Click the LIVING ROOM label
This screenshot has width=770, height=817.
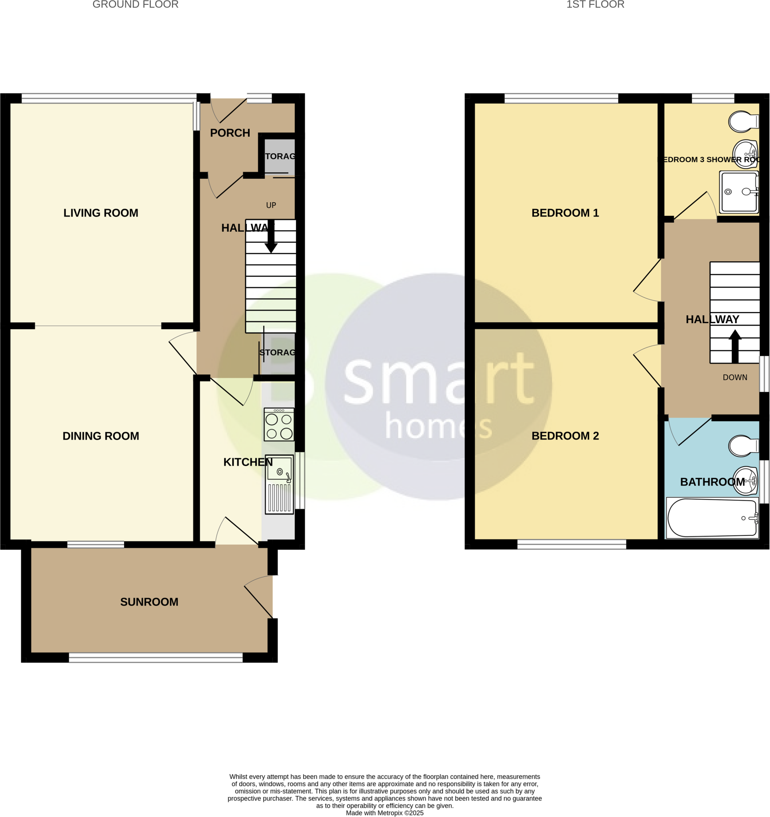[x=100, y=213]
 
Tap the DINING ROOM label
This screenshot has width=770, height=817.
[x=100, y=436]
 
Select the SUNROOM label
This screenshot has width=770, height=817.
[x=149, y=602]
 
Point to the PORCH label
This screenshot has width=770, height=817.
[x=230, y=133]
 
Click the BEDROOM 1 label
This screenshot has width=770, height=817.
[x=565, y=213]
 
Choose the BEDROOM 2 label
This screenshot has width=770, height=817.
[x=565, y=436]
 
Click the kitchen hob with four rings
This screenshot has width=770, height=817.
[x=279, y=424]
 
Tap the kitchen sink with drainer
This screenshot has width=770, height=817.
[x=280, y=484]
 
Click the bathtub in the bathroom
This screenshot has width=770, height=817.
[x=713, y=518]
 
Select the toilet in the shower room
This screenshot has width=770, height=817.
[x=742, y=122]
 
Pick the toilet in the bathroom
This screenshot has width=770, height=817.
[x=742, y=446]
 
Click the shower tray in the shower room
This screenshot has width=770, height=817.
[x=739, y=192]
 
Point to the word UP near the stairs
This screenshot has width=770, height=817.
[x=271, y=205]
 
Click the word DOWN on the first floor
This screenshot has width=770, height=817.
[x=735, y=378]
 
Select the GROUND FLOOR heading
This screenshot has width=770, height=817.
[x=135, y=4]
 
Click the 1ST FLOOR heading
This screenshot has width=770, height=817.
[x=595, y=4]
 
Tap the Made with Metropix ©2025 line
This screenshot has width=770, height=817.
[x=384, y=813]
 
